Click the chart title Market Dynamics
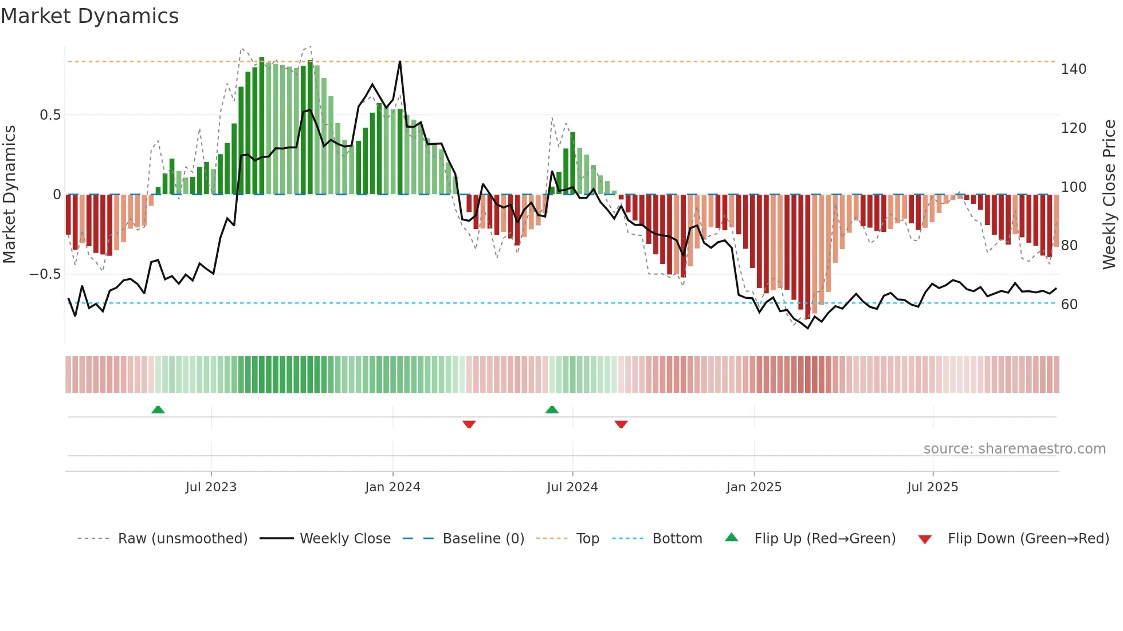[x=90, y=16]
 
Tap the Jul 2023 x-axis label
[x=211, y=487]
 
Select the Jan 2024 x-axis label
[x=392, y=487]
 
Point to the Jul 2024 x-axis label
[x=572, y=487]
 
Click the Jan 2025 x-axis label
[x=753, y=487]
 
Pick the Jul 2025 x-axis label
[x=932, y=487]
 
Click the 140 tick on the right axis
[x=1073, y=69]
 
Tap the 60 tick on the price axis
[x=1069, y=305]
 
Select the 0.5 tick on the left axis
[x=50, y=115]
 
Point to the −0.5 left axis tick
[x=45, y=274]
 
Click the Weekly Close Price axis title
[x=1109, y=195]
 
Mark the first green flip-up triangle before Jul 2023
[x=158, y=409]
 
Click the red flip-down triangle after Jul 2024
[x=621, y=424]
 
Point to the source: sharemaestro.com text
[x=1014, y=449]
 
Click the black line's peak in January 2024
[x=400, y=61]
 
